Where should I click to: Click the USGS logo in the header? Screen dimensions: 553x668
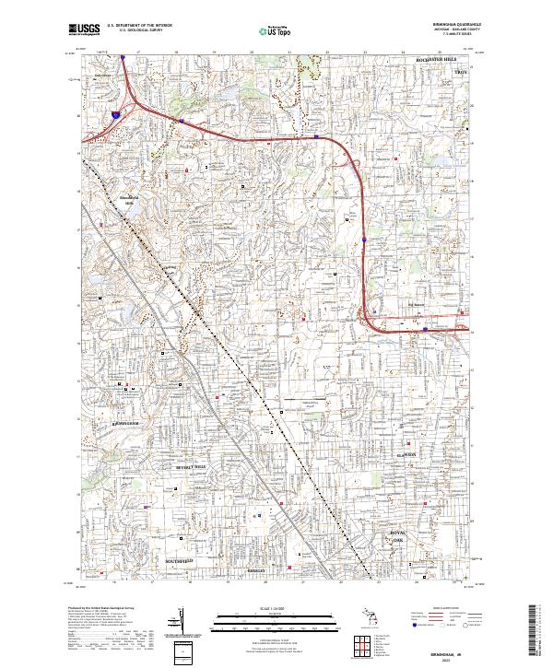(x=84, y=29)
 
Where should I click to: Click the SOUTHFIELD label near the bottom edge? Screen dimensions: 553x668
(x=179, y=560)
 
